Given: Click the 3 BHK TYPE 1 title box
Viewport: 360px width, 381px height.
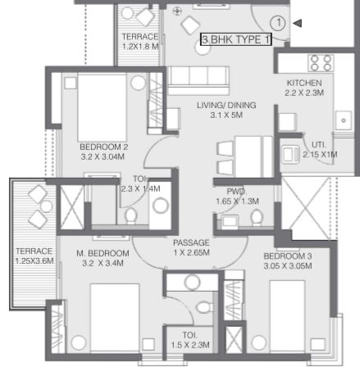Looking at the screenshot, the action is click(236, 39).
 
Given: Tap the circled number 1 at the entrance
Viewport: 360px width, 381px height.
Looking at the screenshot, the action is click(278, 23).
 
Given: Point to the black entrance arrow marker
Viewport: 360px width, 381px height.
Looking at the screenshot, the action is click(297, 23).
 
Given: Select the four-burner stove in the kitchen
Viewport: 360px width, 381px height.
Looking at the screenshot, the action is click(321, 63).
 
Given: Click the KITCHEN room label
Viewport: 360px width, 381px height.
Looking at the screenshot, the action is click(304, 83).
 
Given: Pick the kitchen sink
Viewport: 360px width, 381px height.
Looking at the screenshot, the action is click(344, 120).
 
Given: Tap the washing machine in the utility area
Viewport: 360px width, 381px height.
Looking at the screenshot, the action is click(290, 155).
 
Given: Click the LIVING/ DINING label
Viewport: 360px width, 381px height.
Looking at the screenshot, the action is click(226, 105).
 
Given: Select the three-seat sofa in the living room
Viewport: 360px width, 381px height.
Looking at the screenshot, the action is click(198, 80).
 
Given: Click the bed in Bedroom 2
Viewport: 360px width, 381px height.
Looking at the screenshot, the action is click(103, 107).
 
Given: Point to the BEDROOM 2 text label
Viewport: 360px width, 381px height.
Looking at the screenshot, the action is click(104, 147).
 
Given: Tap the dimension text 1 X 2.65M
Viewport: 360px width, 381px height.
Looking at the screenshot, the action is click(192, 252).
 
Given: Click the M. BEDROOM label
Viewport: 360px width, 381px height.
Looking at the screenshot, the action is click(103, 253).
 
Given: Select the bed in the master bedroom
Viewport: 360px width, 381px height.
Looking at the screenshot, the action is click(115, 318).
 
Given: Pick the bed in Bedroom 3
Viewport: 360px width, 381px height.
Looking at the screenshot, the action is click(287, 316).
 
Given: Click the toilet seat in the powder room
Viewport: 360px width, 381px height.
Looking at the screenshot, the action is click(257, 218).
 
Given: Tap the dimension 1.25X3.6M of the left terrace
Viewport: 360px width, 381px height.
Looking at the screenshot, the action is click(34, 261).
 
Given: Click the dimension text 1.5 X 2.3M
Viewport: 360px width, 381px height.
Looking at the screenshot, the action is click(190, 345).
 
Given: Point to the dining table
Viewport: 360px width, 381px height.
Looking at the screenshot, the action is click(248, 157).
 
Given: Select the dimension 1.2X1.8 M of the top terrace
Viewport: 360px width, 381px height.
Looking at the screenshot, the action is click(140, 46).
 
